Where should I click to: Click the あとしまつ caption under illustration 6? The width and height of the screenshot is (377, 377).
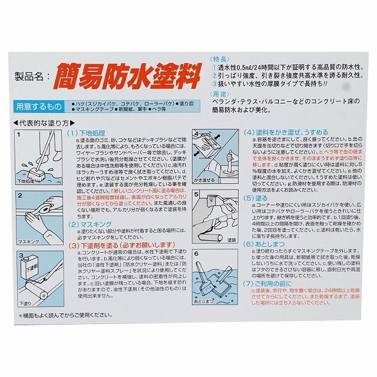coord(201,300)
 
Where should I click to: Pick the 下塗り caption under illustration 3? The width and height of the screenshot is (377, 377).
coord(25,303)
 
